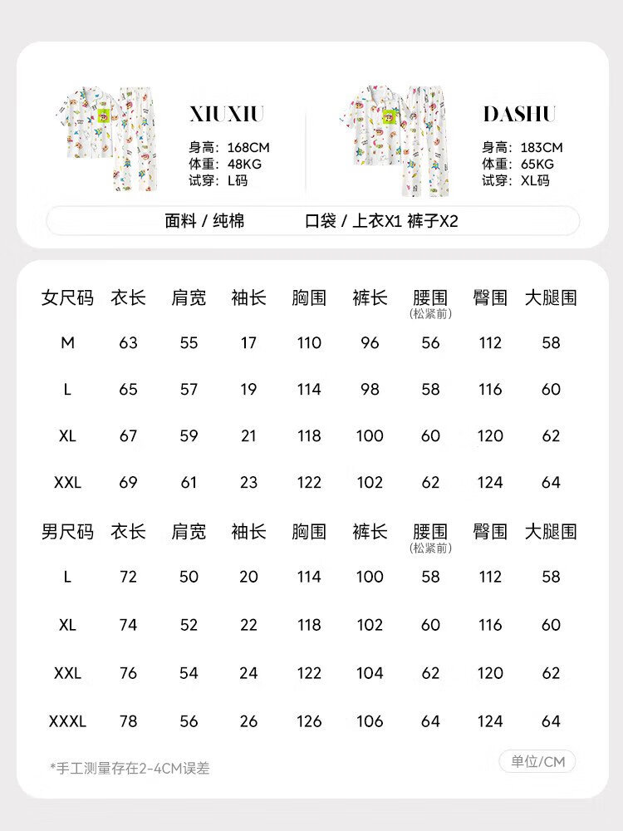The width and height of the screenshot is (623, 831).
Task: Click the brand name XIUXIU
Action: (x=226, y=114)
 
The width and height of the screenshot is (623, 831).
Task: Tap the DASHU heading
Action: (x=519, y=114)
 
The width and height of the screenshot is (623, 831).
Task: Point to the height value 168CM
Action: (x=248, y=148)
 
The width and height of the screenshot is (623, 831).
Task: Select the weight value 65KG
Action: (x=532, y=165)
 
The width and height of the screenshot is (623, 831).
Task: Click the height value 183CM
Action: (x=542, y=148)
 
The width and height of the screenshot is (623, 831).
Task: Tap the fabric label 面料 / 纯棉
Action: (x=204, y=221)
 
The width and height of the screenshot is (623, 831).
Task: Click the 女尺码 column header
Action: (x=67, y=297)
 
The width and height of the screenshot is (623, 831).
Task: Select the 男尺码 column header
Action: (x=67, y=532)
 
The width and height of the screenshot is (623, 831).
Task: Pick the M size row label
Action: (x=67, y=342)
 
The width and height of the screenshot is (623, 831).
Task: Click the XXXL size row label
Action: (x=67, y=721)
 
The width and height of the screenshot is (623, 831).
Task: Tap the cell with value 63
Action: (x=128, y=342)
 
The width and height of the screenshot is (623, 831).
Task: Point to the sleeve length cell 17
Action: (x=248, y=342)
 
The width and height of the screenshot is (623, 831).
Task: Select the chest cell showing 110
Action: (x=309, y=342)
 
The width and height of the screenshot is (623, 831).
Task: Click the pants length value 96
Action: (x=370, y=342)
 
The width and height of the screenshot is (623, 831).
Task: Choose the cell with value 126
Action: (x=309, y=721)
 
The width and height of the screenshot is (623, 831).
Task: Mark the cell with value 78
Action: (x=128, y=721)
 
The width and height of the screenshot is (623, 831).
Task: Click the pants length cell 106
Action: (x=370, y=721)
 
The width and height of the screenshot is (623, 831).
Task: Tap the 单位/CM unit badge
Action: (x=537, y=761)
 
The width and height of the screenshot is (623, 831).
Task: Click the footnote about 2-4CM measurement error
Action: (x=130, y=768)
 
